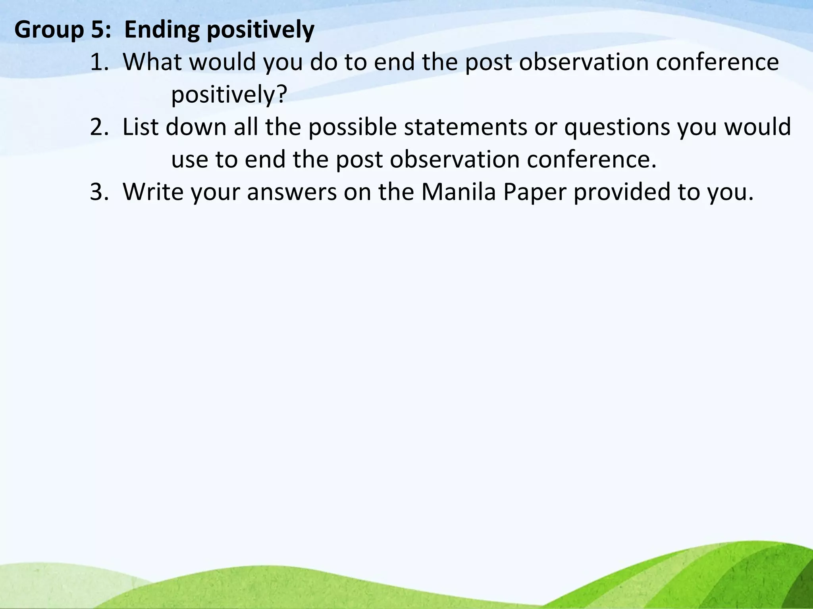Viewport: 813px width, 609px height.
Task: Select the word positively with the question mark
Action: (x=229, y=96)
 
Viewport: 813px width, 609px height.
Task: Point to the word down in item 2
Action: (x=196, y=127)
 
